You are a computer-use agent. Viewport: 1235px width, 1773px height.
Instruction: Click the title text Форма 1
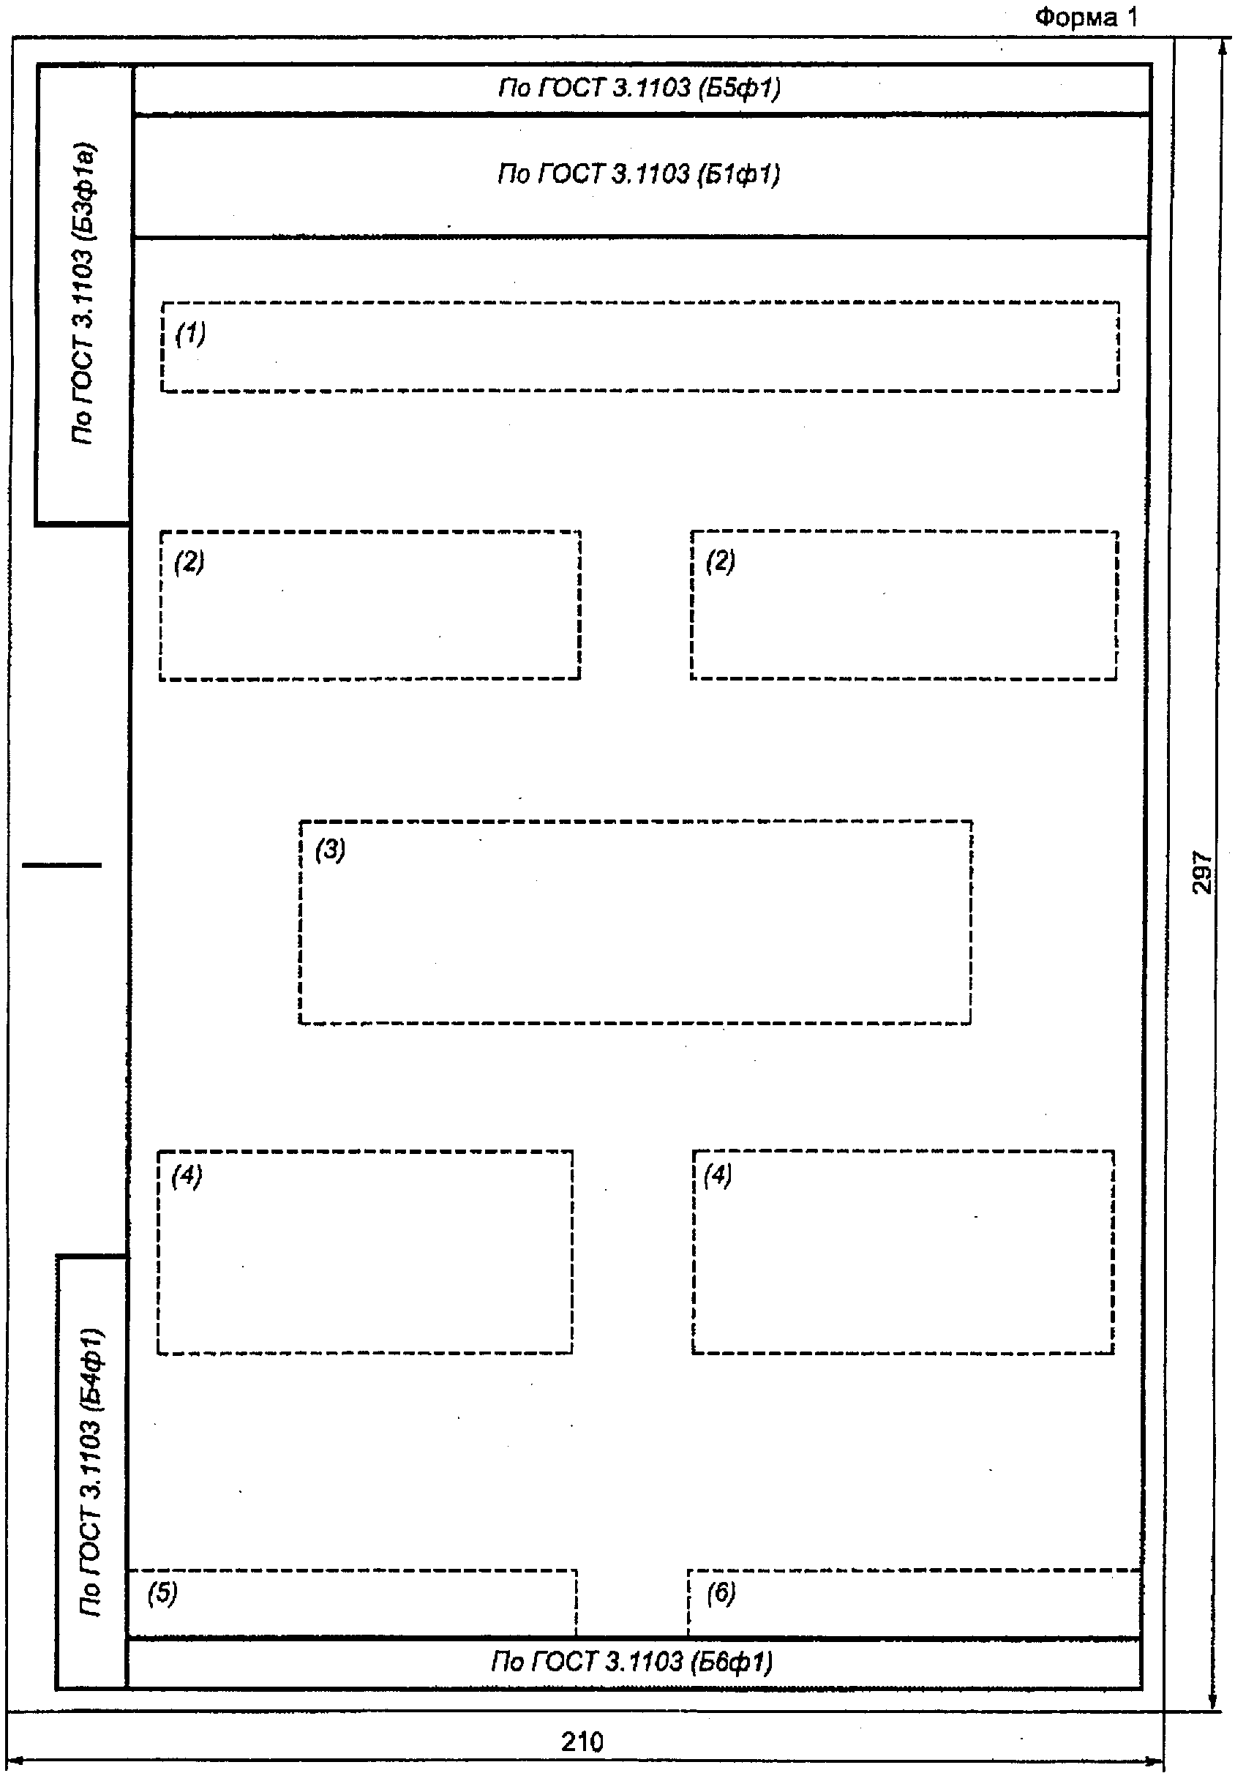(1086, 17)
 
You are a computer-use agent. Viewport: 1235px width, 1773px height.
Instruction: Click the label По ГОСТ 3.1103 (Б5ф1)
(639, 88)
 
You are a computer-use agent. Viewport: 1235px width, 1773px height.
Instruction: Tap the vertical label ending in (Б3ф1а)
(83, 293)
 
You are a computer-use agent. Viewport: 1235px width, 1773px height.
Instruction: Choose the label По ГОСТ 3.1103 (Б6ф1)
(631, 1660)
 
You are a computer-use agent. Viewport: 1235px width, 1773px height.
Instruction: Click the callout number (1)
(191, 334)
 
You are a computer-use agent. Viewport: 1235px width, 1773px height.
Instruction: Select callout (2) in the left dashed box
(189, 561)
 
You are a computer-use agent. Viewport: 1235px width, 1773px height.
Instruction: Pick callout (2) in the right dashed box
(720, 561)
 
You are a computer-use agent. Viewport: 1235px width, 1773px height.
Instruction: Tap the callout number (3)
(331, 850)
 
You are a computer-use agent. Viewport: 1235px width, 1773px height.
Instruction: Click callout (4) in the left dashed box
(186, 1175)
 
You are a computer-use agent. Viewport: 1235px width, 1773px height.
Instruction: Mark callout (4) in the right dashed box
(717, 1175)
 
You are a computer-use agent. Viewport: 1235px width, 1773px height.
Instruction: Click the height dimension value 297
(1203, 873)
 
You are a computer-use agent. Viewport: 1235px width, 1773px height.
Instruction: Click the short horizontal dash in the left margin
(61, 865)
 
